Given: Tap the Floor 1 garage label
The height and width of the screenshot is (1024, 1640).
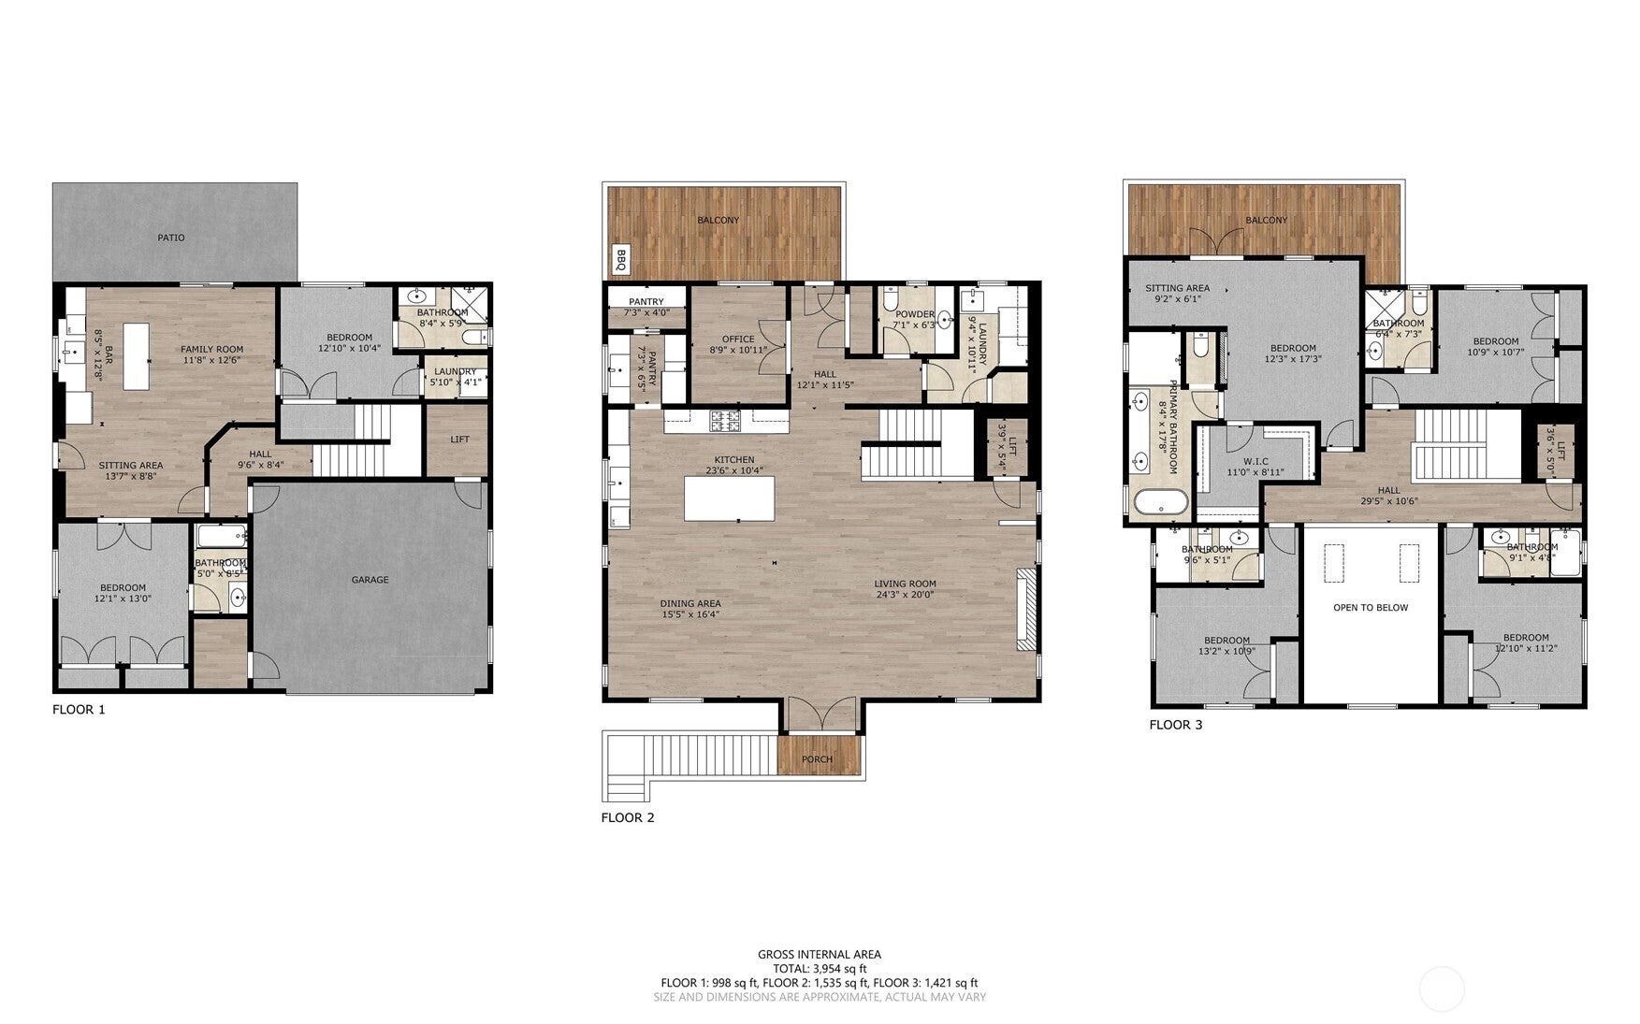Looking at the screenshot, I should pyautogui.click(x=370, y=580).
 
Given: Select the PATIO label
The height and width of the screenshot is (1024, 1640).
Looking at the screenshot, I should pyautogui.click(x=170, y=238).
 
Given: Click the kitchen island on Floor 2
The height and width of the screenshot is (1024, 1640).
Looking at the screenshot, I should pyautogui.click(x=730, y=498).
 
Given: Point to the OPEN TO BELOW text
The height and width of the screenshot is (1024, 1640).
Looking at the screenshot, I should pyautogui.click(x=1371, y=608).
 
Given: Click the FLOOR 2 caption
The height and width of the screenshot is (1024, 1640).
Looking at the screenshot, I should pyautogui.click(x=627, y=817).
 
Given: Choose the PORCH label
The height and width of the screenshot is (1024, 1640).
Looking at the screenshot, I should pyautogui.click(x=817, y=759).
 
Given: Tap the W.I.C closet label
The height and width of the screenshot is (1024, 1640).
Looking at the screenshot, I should pyautogui.click(x=1255, y=462).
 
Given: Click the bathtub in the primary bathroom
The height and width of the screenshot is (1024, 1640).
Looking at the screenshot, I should pyautogui.click(x=1160, y=502).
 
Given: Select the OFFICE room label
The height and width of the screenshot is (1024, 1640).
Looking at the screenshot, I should pyautogui.click(x=738, y=339).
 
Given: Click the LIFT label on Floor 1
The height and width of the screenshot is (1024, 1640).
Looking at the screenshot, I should pyautogui.click(x=459, y=440).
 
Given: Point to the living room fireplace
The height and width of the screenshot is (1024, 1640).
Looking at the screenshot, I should pyautogui.click(x=1025, y=608).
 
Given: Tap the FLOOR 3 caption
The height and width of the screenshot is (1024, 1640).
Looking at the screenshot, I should pyautogui.click(x=1176, y=725).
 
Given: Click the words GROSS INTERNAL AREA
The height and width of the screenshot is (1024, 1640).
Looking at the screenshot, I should pyautogui.click(x=819, y=955).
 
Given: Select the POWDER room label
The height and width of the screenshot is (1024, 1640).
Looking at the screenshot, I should pyautogui.click(x=914, y=314).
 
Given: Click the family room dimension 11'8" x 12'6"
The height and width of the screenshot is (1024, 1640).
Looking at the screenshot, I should pyautogui.click(x=211, y=360).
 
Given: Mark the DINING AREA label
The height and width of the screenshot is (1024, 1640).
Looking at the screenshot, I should pyautogui.click(x=690, y=603).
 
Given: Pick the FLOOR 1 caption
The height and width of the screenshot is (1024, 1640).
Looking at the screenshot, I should pyautogui.click(x=79, y=710).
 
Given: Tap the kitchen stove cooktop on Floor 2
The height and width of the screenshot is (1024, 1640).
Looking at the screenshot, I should pyautogui.click(x=724, y=422).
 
